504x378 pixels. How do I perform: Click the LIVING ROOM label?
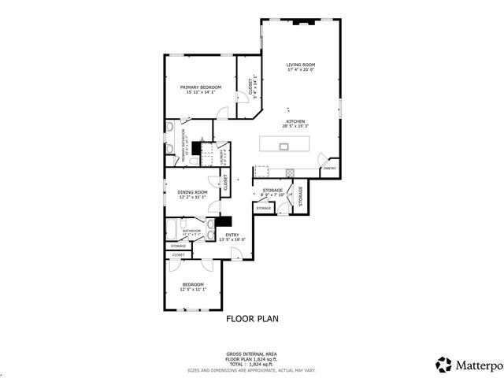click(x=300, y=65)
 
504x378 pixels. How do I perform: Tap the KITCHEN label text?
click(x=295, y=121)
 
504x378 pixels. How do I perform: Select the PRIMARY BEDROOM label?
click(x=200, y=87)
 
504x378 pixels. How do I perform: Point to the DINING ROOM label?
click(x=192, y=192)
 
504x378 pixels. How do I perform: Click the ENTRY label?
click(x=232, y=235)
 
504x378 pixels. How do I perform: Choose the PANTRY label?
click(x=330, y=168)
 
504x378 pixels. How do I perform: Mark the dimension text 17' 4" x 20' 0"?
click(x=300, y=70)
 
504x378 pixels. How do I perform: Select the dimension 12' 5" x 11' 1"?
click(x=193, y=290)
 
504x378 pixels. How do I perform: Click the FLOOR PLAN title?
click(x=252, y=319)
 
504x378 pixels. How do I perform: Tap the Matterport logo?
click(x=465, y=365)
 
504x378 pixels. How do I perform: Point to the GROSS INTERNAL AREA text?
click(x=252, y=354)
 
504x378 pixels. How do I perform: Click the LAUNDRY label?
click(x=222, y=155)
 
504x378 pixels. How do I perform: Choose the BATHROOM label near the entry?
click(x=192, y=231)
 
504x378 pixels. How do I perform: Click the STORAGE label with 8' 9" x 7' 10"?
click(x=272, y=190)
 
